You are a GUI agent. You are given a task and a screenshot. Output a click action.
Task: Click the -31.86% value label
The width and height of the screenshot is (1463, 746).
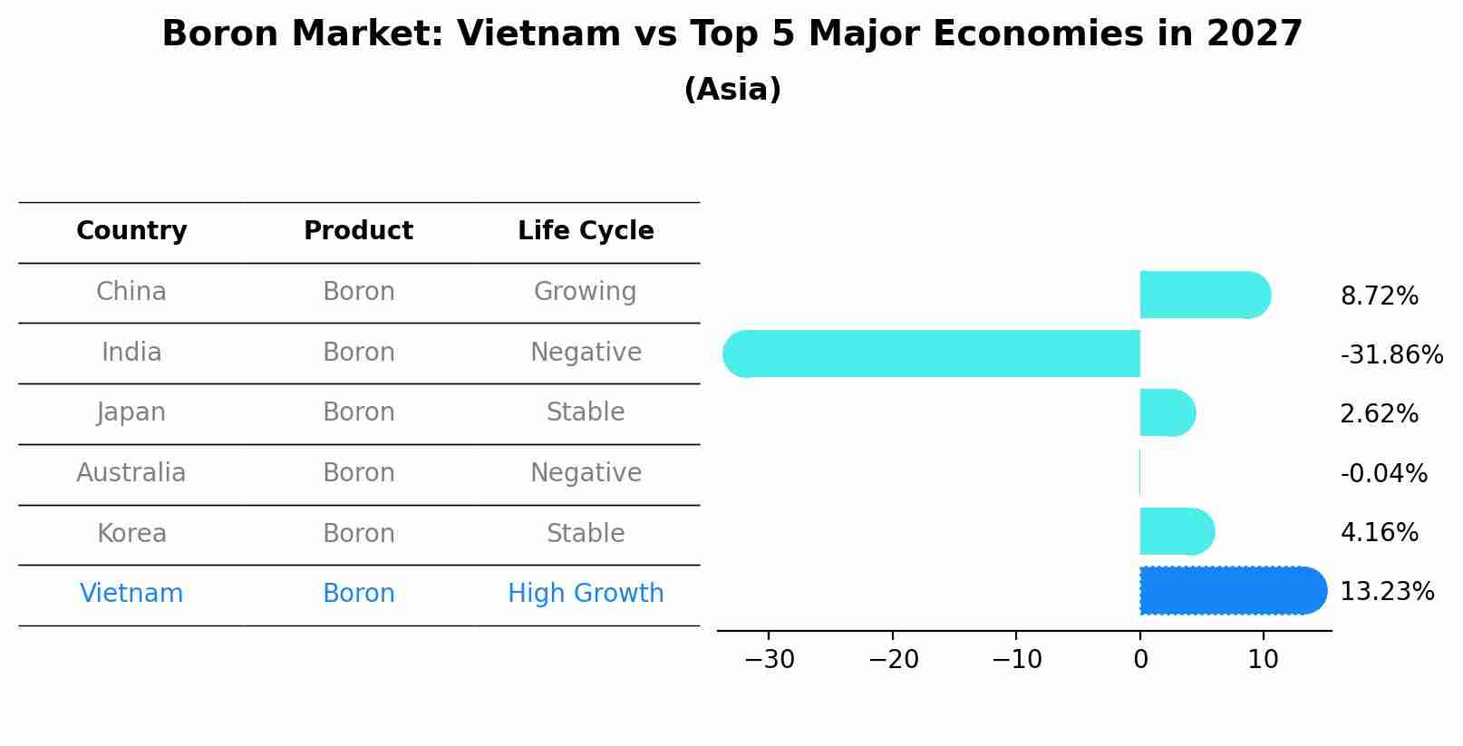coord(1390,354)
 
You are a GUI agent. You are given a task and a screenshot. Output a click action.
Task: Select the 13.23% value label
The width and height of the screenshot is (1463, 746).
coord(1386,592)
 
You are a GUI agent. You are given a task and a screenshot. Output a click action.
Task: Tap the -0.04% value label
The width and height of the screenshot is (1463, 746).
coord(1383,473)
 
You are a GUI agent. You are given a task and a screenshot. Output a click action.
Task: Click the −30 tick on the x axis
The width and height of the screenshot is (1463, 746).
coord(769,660)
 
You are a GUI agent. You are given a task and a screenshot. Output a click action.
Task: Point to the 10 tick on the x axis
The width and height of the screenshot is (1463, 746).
coord(1263,660)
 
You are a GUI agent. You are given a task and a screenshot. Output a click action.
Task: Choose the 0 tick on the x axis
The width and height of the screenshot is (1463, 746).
coord(1140,660)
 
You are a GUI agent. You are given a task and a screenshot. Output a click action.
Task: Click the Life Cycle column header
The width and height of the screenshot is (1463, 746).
coord(586,231)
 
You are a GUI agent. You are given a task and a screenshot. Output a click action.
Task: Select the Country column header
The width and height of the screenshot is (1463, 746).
coord(131,231)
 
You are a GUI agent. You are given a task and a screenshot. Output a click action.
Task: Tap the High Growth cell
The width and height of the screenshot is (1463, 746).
coord(586,594)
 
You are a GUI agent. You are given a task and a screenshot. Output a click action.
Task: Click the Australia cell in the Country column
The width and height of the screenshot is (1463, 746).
coord(131,473)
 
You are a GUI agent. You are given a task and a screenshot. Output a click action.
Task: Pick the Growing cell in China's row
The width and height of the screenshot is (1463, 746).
coord(586,292)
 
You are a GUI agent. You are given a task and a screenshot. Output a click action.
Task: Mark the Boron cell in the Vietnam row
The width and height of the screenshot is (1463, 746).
coord(359,594)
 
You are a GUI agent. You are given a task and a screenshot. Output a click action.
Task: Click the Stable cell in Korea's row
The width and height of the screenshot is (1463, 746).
coord(586,533)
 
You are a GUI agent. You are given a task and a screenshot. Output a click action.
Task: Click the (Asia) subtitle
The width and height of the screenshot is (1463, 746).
coord(731,90)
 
